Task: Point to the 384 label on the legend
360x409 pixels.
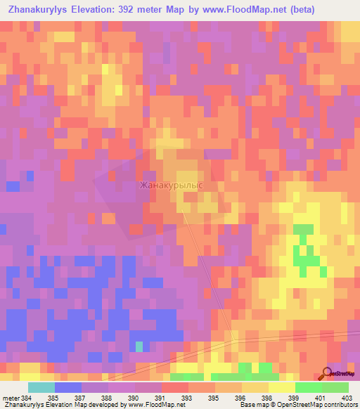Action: (27, 397)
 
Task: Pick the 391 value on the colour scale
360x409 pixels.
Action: (161, 397)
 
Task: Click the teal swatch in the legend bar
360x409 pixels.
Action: (41, 387)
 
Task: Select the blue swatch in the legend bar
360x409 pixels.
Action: (68, 387)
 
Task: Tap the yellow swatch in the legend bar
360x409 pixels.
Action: (282, 387)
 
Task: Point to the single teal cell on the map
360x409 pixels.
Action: (139, 346)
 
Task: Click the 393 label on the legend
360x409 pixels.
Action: (188, 397)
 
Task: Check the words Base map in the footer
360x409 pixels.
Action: (252, 405)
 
